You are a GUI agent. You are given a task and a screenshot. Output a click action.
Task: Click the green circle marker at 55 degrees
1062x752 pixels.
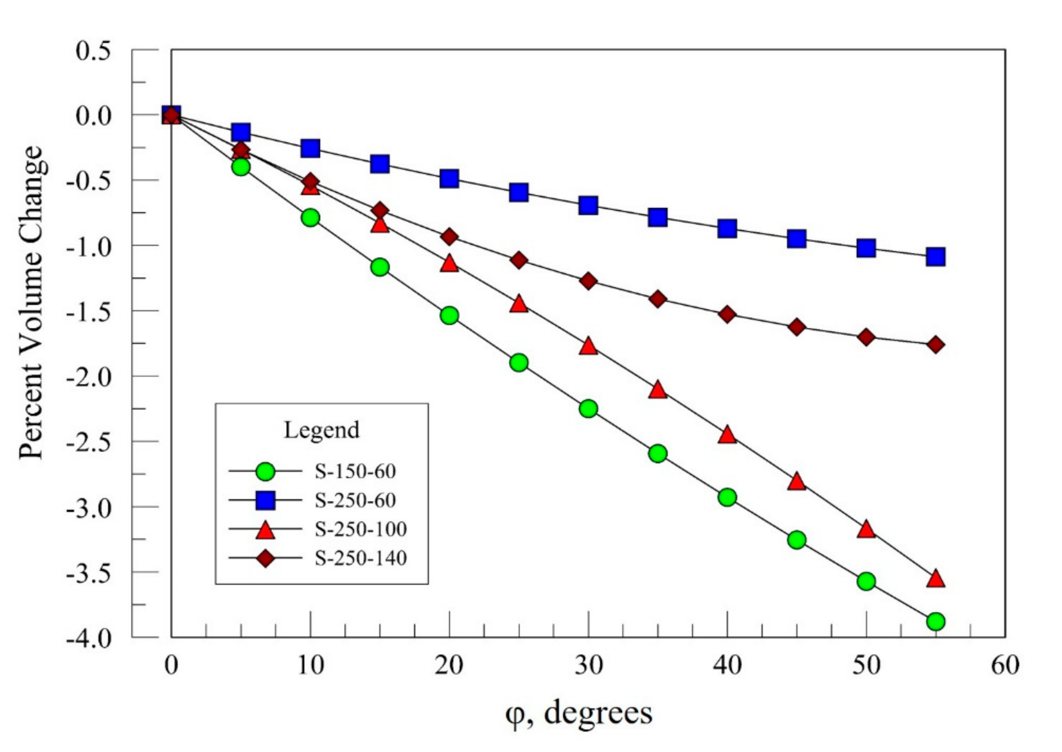935,621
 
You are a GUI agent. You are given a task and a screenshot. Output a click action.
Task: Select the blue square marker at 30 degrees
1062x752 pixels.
588,205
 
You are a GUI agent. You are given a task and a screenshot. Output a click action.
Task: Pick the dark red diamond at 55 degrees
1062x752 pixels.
935,345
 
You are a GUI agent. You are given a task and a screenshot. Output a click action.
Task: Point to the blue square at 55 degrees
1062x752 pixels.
935,256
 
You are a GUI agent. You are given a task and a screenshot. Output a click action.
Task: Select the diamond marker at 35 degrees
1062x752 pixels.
658,299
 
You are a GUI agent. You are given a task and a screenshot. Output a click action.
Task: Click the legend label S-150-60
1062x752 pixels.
356,472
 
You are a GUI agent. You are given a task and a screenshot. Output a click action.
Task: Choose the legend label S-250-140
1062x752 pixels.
361,558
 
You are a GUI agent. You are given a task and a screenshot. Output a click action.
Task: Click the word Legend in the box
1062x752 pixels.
321,430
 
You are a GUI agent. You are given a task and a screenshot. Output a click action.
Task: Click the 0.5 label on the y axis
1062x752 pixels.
93,51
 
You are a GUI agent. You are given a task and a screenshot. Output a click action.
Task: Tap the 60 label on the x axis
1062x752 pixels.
1005,665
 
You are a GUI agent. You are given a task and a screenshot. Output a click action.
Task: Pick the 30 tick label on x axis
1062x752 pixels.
588,665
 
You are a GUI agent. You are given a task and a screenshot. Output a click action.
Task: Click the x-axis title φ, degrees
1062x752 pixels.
578,714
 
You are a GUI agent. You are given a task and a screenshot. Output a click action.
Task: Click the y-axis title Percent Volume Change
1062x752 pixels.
31,303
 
